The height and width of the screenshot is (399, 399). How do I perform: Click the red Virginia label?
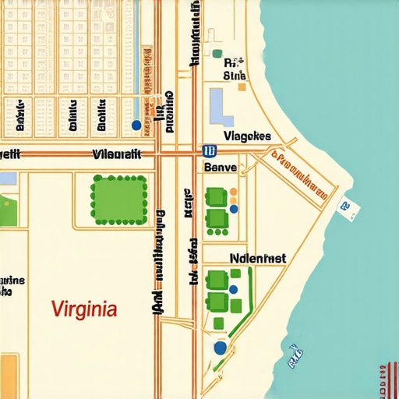click(84, 309)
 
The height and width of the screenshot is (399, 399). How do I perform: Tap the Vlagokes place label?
click(247, 136)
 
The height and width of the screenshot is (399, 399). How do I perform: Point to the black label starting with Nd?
click(258, 258)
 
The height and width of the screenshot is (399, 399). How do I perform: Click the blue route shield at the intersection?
click(208, 151)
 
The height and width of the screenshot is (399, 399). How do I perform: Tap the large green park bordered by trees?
click(119, 199)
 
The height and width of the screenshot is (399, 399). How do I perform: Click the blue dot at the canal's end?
click(136, 125)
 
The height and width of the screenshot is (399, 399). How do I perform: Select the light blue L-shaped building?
click(221, 108)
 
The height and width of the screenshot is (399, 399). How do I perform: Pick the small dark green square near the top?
click(217, 55)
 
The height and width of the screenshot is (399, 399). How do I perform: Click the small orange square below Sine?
click(242, 87)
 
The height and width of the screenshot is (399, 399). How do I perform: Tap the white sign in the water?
click(346, 207)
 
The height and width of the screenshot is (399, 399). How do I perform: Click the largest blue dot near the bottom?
click(220, 347)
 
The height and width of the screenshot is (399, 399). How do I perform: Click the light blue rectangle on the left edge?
click(7, 178)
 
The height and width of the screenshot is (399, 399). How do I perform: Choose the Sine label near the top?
click(235, 76)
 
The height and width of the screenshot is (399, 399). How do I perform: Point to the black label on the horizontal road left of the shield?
click(117, 154)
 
